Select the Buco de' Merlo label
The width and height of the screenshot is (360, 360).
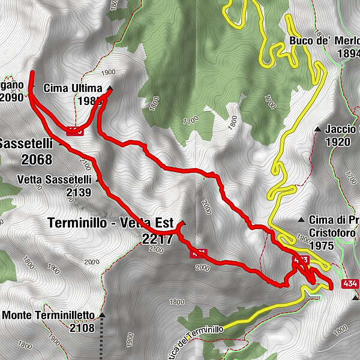[x=323, y=41]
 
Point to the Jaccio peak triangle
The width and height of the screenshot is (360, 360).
[x=317, y=129]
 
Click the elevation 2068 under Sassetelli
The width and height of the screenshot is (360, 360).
[x=35, y=160]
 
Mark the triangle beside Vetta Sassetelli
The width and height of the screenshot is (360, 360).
[x=97, y=179]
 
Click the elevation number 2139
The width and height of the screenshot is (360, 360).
[x=79, y=193]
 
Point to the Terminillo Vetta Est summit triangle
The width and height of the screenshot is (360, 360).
[x=183, y=224]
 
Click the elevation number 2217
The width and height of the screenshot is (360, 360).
[x=157, y=239]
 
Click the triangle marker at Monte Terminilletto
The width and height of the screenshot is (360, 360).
[x=102, y=315]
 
